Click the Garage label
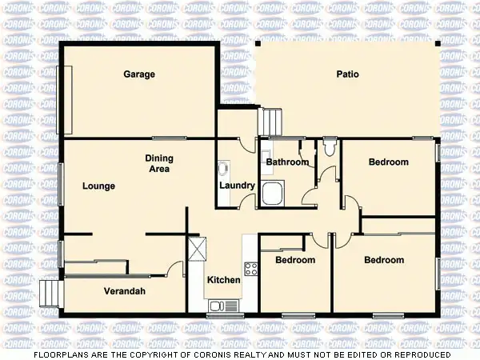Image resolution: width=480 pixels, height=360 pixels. click(139, 74)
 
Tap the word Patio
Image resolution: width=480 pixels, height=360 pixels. click(347, 74)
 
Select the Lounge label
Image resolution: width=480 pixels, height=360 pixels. click(98, 186)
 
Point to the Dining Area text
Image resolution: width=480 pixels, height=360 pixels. click(160, 163)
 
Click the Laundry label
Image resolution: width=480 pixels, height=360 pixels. click(237, 186)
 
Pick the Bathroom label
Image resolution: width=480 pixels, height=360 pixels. click(287, 162)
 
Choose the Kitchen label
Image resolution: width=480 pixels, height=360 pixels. click(223, 280)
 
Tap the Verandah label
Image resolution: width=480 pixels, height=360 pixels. click(125, 291)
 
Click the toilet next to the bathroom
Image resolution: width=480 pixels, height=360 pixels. click(329, 148)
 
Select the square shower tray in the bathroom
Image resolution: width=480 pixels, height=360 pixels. click(273, 194)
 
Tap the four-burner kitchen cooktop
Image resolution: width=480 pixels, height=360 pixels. click(250, 268)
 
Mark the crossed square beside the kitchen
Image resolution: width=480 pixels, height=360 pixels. click(198, 250)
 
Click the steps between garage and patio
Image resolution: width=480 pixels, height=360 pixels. click(271, 122)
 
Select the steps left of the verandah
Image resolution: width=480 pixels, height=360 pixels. click(50, 293)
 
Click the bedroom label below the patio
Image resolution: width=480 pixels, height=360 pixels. click(388, 162)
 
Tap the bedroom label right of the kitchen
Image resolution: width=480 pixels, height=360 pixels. click(295, 260)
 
